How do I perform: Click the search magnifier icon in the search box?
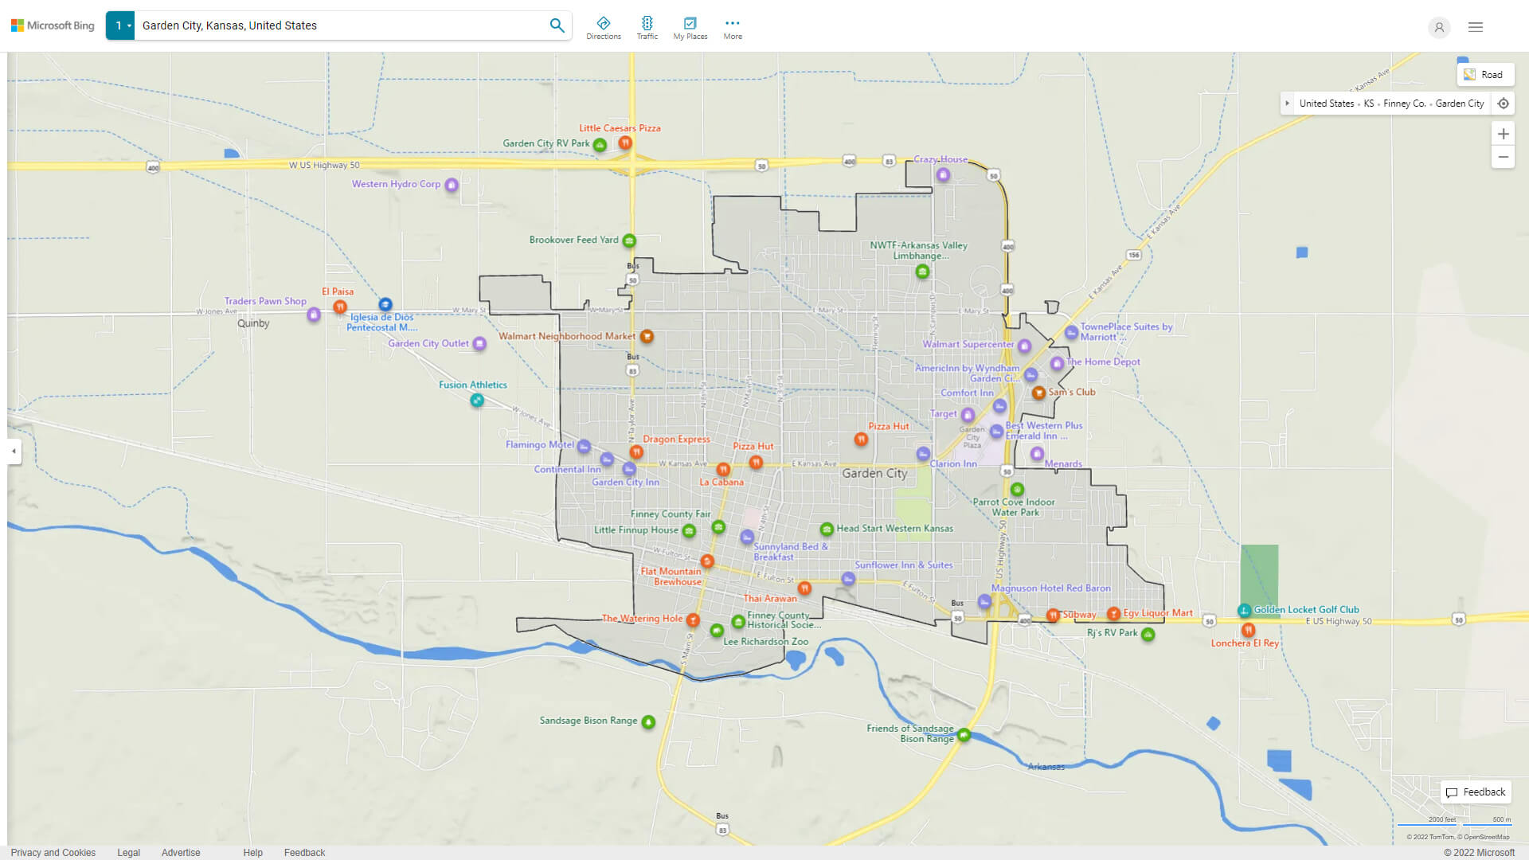click(557, 25)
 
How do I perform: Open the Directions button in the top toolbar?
click(604, 28)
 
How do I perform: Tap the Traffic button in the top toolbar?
click(647, 28)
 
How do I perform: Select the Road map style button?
click(1484, 75)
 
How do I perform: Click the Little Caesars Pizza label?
click(620, 128)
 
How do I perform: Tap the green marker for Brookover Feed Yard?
click(629, 240)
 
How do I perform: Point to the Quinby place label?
click(253, 323)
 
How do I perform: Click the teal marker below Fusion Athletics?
click(476, 401)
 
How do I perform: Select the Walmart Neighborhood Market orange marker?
click(647, 337)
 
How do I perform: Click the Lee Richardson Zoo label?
click(765, 642)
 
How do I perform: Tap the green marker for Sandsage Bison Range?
click(648, 722)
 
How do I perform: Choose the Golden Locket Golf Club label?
click(1306, 610)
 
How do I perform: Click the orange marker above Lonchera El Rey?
click(1248, 630)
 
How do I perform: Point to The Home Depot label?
click(1103, 362)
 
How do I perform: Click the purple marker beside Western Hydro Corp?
click(452, 186)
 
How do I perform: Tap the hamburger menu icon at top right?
click(1476, 27)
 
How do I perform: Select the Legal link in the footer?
click(128, 853)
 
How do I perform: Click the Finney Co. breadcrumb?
click(1404, 104)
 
